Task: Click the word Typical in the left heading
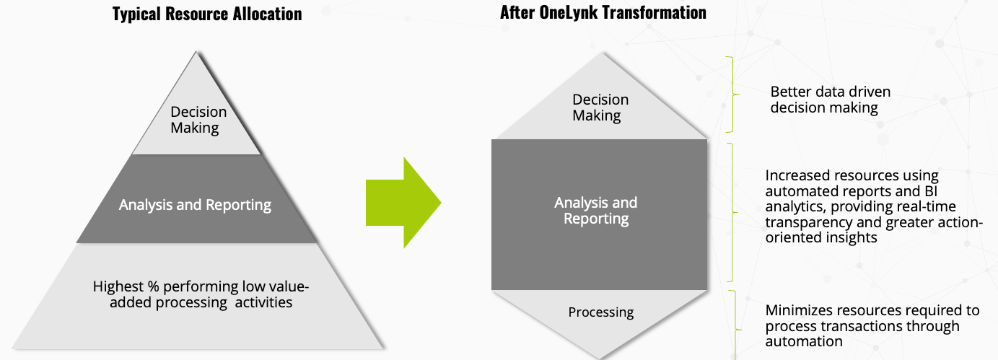click(136, 14)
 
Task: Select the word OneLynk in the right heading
click(568, 12)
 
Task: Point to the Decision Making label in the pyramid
click(198, 120)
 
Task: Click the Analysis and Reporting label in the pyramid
click(195, 204)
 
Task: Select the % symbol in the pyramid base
click(153, 286)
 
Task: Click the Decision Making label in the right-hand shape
click(600, 107)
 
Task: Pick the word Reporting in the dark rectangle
click(596, 219)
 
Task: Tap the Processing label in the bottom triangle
click(600, 312)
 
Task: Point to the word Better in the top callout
click(790, 92)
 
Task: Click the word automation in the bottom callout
click(804, 341)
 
